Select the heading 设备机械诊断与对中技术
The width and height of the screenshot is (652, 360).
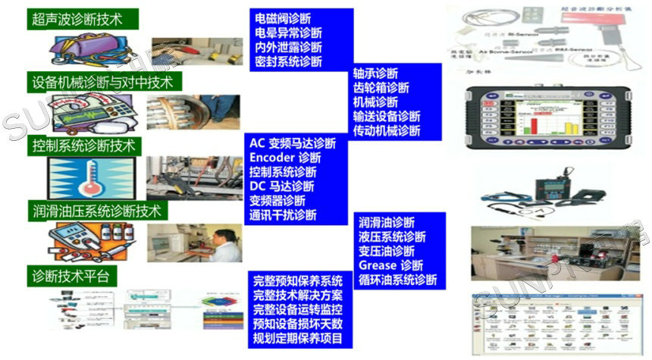[102, 81]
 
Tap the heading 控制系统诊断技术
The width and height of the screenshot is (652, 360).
[83, 144]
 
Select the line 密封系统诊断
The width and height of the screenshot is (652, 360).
[288, 61]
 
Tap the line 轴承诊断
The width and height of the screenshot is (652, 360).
[375, 74]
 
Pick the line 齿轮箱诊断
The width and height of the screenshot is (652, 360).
[381, 88]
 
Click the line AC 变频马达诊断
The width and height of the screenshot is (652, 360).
[292, 143]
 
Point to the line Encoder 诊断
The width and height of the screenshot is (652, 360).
[285, 158]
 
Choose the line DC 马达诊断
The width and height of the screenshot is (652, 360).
[281, 186]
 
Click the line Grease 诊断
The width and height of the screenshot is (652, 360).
[391, 265]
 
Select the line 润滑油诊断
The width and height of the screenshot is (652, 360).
[387, 222]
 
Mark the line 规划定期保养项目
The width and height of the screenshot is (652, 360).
[297, 339]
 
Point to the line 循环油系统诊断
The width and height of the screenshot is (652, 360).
[398, 280]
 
